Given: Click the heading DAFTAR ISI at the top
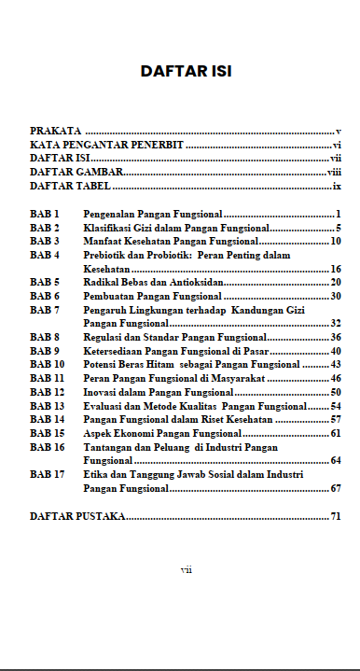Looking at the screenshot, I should click(186, 71).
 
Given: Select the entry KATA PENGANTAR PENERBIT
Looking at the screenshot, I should click(105, 146).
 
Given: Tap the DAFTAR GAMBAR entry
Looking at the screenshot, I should click(76, 173).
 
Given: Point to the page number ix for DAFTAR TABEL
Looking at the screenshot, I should click(337, 187).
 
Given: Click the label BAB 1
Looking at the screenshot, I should click(45, 215).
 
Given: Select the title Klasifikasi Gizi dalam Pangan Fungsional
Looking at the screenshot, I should click(175, 228).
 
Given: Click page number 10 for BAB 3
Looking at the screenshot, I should click(336, 241).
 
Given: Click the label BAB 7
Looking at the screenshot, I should click(45, 309).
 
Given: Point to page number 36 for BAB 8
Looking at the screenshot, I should click(336, 337).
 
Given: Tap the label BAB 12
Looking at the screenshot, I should click(48, 392).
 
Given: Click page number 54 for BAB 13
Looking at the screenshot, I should click(336, 406).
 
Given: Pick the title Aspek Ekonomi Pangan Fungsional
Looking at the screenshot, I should click(162, 433).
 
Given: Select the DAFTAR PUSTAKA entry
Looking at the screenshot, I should click(77, 516).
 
